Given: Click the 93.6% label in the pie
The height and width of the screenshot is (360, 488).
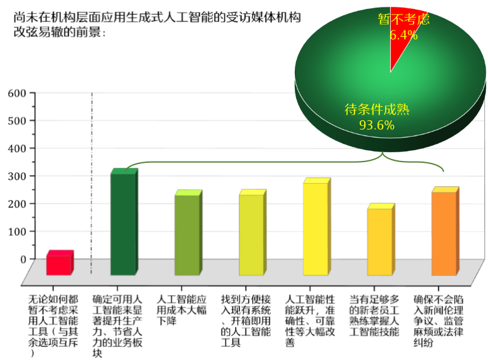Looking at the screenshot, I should coord(377,125).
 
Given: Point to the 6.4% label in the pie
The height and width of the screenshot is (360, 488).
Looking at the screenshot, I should coord(403,35).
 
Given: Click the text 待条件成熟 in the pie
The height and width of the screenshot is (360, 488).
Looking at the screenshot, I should coord(377,109).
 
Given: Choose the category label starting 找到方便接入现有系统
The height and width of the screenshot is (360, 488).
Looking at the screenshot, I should coord(247,321).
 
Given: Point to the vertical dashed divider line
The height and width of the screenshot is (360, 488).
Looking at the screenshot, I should coord(92,184).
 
